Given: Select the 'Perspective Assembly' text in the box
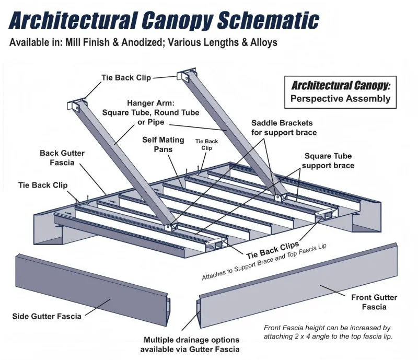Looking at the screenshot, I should pos(340,98).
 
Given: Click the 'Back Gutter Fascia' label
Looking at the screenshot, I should pos(62,158).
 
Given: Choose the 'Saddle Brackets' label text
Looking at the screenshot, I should pos(282,123).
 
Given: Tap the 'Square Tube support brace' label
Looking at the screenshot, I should pos(328,161).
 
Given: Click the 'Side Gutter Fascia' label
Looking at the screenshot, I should pos(47,316).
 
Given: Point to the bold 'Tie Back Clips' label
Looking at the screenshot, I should pos(273,249).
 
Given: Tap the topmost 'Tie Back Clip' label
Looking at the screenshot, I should pos(126,78).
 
